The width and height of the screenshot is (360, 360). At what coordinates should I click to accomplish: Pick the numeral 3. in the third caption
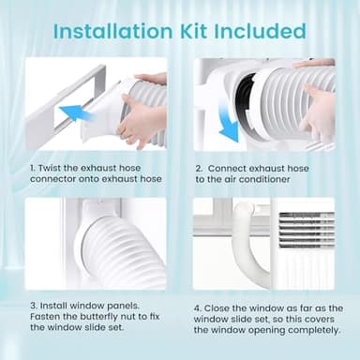tap(32, 305)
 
